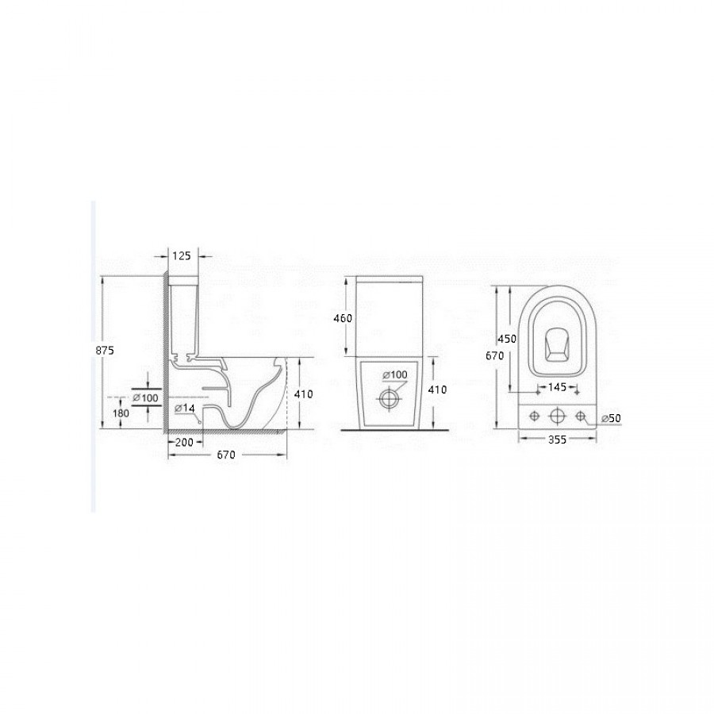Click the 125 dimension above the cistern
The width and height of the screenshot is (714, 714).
pyautogui.click(x=181, y=256)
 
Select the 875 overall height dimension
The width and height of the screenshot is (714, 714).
pyautogui.click(x=105, y=351)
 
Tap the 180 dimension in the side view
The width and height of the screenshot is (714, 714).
pyautogui.click(x=121, y=413)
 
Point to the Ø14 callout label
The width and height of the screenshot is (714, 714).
pyautogui.click(x=184, y=409)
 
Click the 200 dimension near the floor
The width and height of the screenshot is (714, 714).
pyautogui.click(x=184, y=442)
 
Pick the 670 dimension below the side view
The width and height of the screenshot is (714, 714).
pyautogui.click(x=226, y=455)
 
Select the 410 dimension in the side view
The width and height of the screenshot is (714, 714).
pyautogui.click(x=304, y=393)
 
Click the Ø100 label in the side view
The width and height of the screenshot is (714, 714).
pyautogui.click(x=146, y=398)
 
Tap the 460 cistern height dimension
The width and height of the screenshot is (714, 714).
pyautogui.click(x=343, y=318)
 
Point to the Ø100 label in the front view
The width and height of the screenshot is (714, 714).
pyautogui.click(x=395, y=374)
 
